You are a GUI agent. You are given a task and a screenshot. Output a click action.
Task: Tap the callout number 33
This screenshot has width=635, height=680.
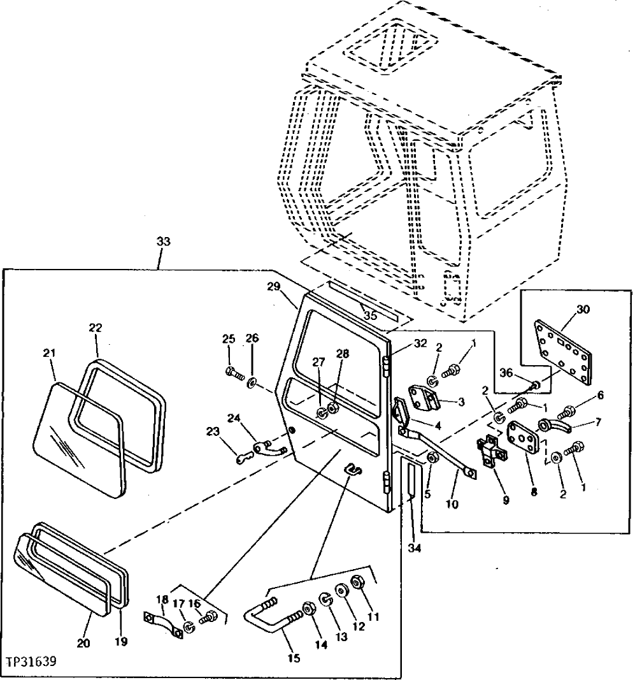[x=164, y=242]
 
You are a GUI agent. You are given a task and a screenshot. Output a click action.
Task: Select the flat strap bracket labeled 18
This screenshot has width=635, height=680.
[x=159, y=622]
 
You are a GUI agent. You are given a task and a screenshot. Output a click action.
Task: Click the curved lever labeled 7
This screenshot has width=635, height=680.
[x=555, y=426]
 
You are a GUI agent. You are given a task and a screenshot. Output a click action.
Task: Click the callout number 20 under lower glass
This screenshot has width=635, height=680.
[x=83, y=643]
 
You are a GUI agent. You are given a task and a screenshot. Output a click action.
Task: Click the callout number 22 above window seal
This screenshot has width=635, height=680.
[x=96, y=327]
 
